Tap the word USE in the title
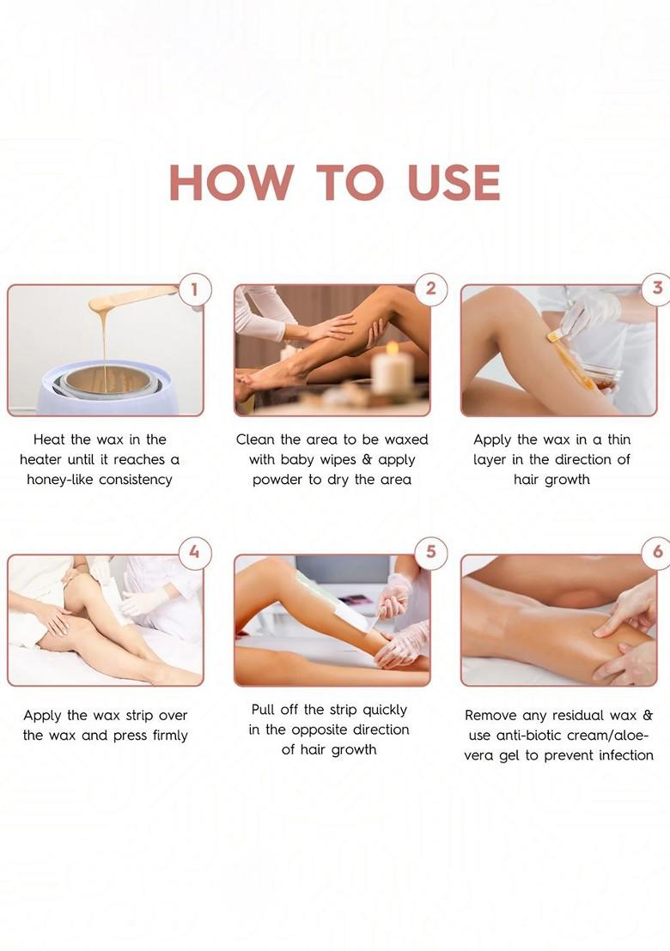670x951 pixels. [x=454, y=182]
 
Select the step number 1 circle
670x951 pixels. [x=195, y=290]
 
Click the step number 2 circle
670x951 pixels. [x=430, y=290]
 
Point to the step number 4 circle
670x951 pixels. [x=195, y=552]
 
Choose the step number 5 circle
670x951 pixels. [x=430, y=552]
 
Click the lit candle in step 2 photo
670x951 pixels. [x=393, y=369]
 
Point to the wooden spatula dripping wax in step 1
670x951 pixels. [x=129, y=300]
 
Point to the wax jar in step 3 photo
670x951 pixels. [x=599, y=373]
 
